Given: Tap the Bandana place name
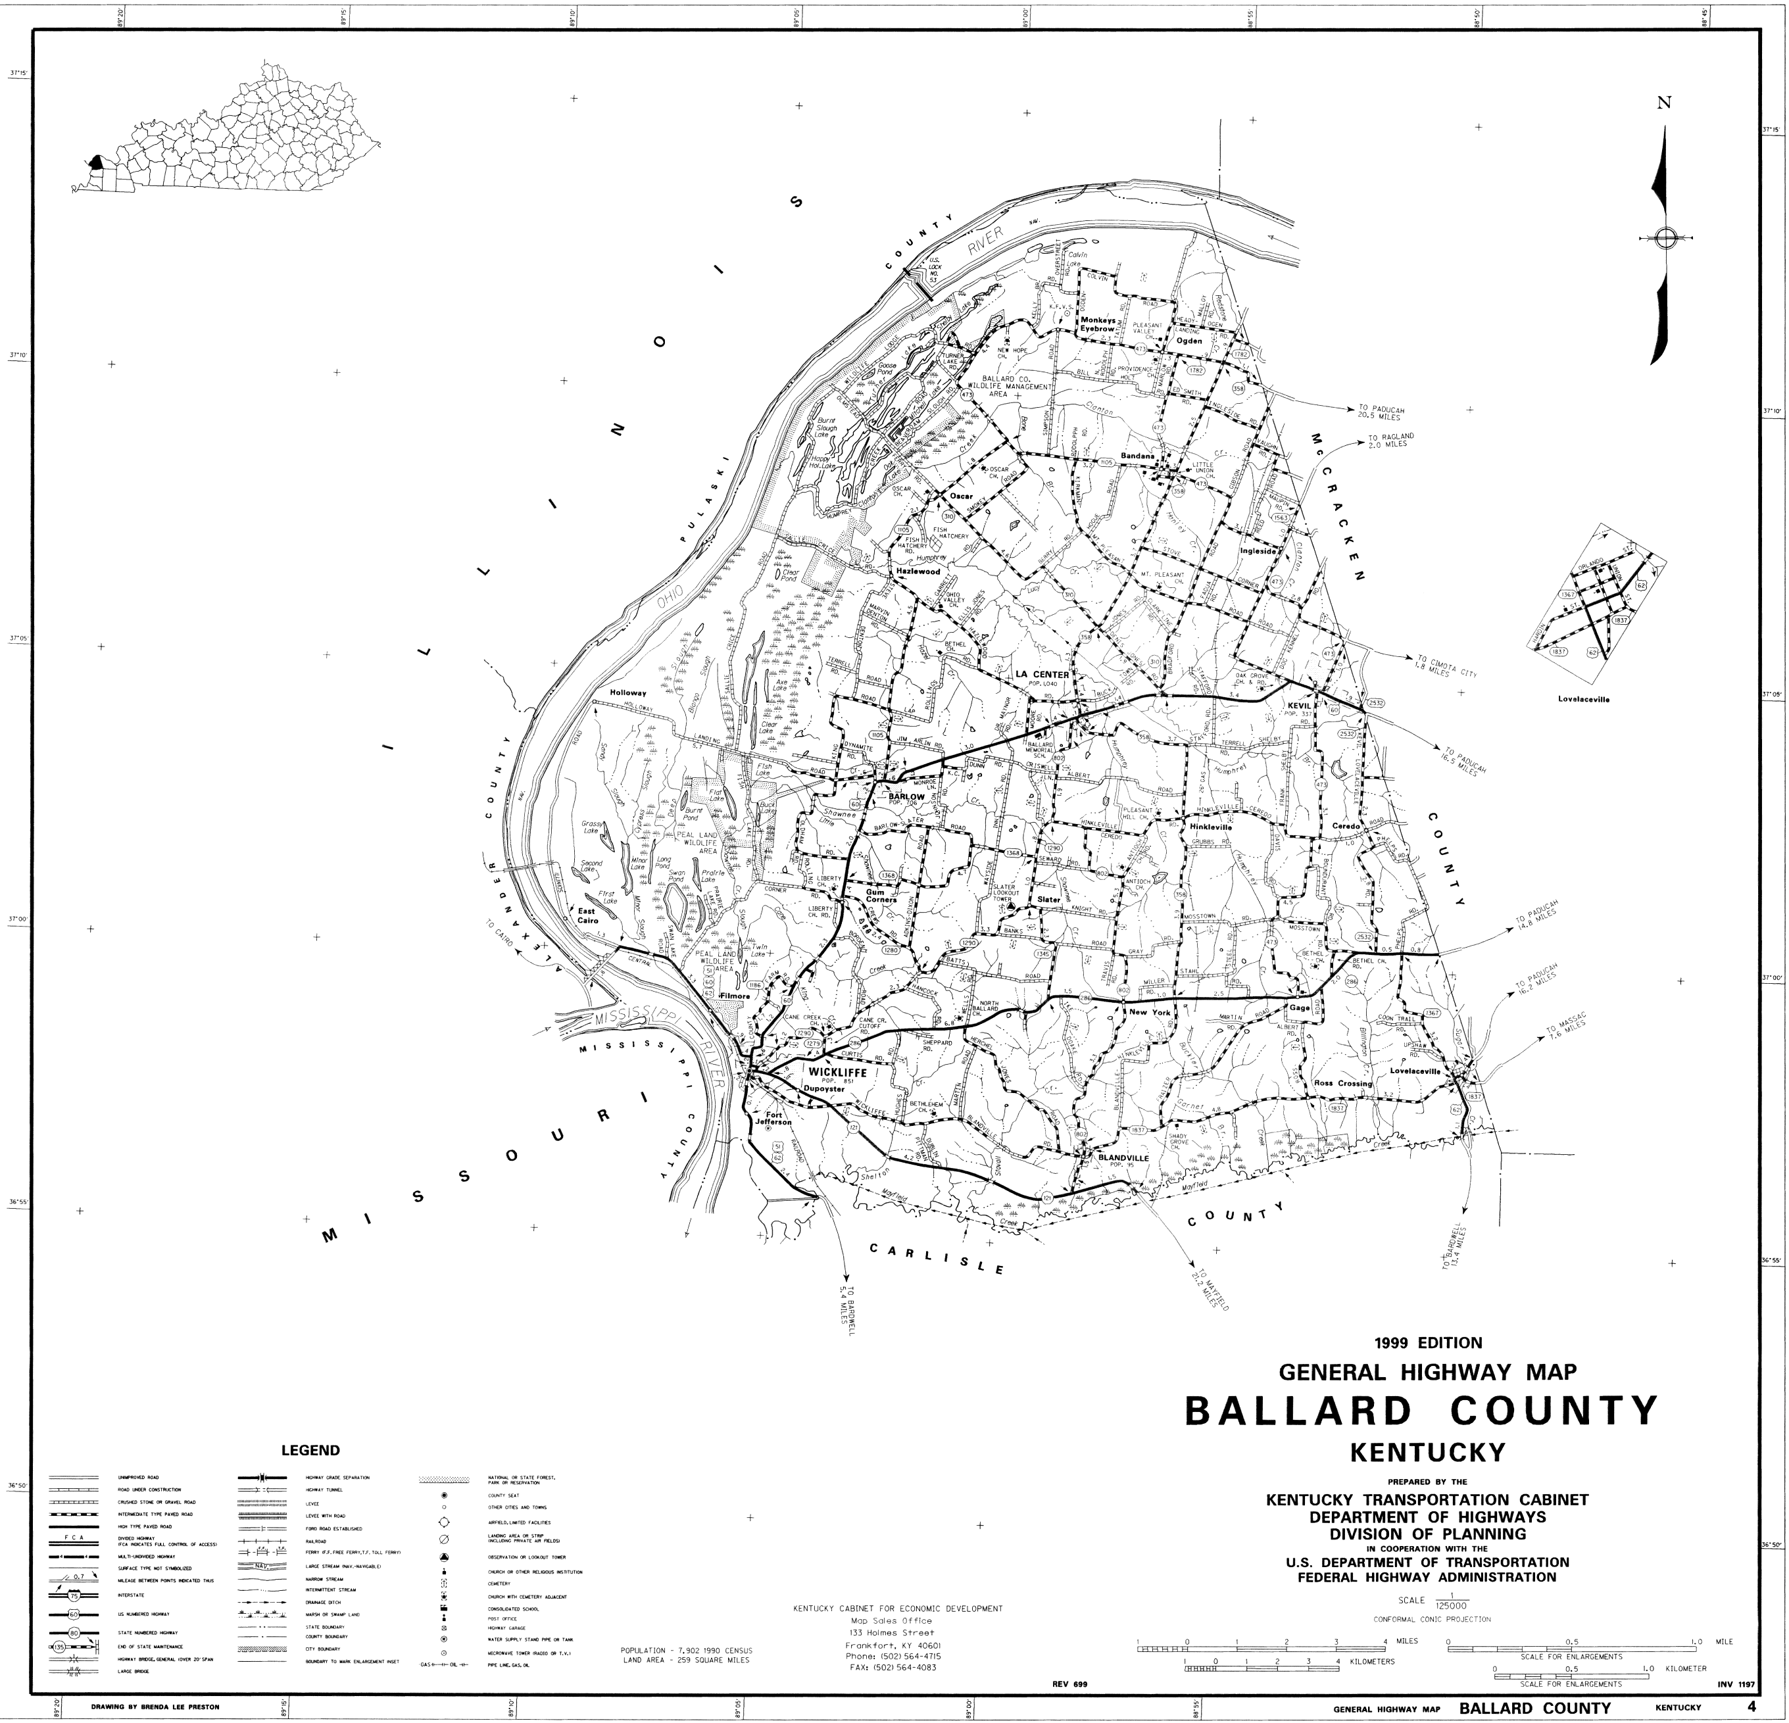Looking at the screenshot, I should click(x=1139, y=456).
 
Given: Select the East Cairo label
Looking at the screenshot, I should click(x=587, y=916).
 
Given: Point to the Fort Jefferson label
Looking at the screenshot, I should click(x=773, y=1118).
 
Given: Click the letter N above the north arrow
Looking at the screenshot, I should click(x=1664, y=129).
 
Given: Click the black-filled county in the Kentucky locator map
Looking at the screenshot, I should click(x=96, y=164).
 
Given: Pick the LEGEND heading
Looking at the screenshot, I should click(x=310, y=1450).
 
